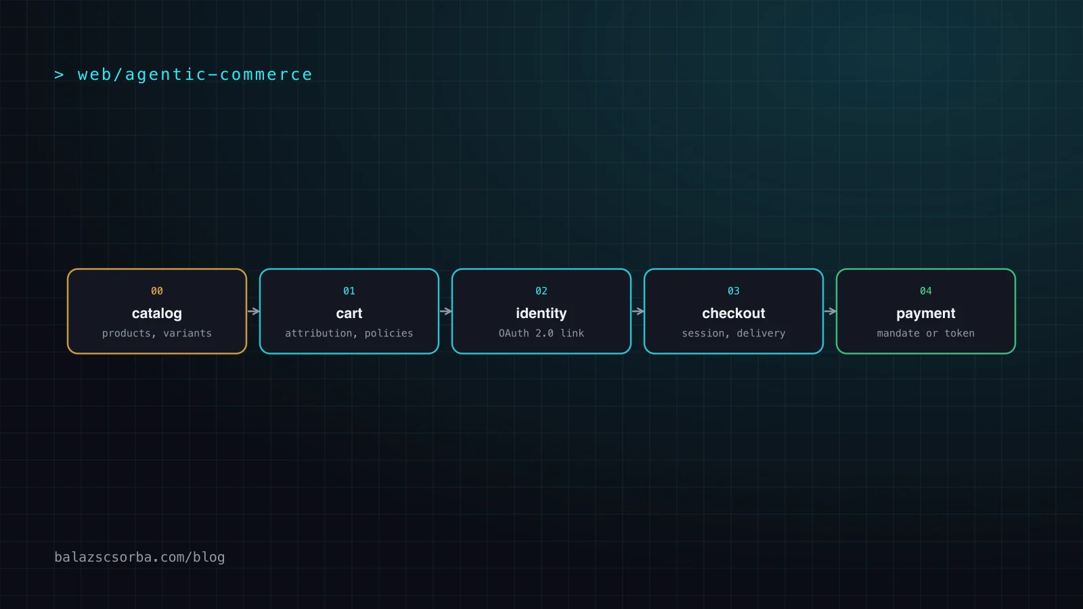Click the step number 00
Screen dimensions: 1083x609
coord(156,291)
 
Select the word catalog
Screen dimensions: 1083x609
coord(156,314)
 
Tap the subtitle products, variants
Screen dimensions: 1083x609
coord(156,334)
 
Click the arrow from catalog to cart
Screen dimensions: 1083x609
coord(253,311)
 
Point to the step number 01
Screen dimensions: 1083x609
coord(349,291)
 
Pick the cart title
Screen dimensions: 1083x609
coord(349,314)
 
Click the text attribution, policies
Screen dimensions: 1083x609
coord(349,334)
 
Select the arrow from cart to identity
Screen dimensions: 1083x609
coord(446,311)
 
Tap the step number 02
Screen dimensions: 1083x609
coord(541,291)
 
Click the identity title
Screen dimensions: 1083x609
coord(541,314)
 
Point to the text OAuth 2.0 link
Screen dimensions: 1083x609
coord(541,334)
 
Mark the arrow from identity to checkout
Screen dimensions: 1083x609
coord(638,311)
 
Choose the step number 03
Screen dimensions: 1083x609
coord(734,291)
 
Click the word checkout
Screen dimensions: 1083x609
coord(734,314)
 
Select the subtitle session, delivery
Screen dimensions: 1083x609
coord(734,334)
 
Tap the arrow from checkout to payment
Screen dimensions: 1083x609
coord(830,311)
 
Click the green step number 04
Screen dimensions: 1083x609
coord(926,291)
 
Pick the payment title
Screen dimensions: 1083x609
coord(926,314)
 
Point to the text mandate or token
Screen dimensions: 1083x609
coord(926,334)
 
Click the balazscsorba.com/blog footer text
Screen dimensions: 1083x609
coord(139,558)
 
